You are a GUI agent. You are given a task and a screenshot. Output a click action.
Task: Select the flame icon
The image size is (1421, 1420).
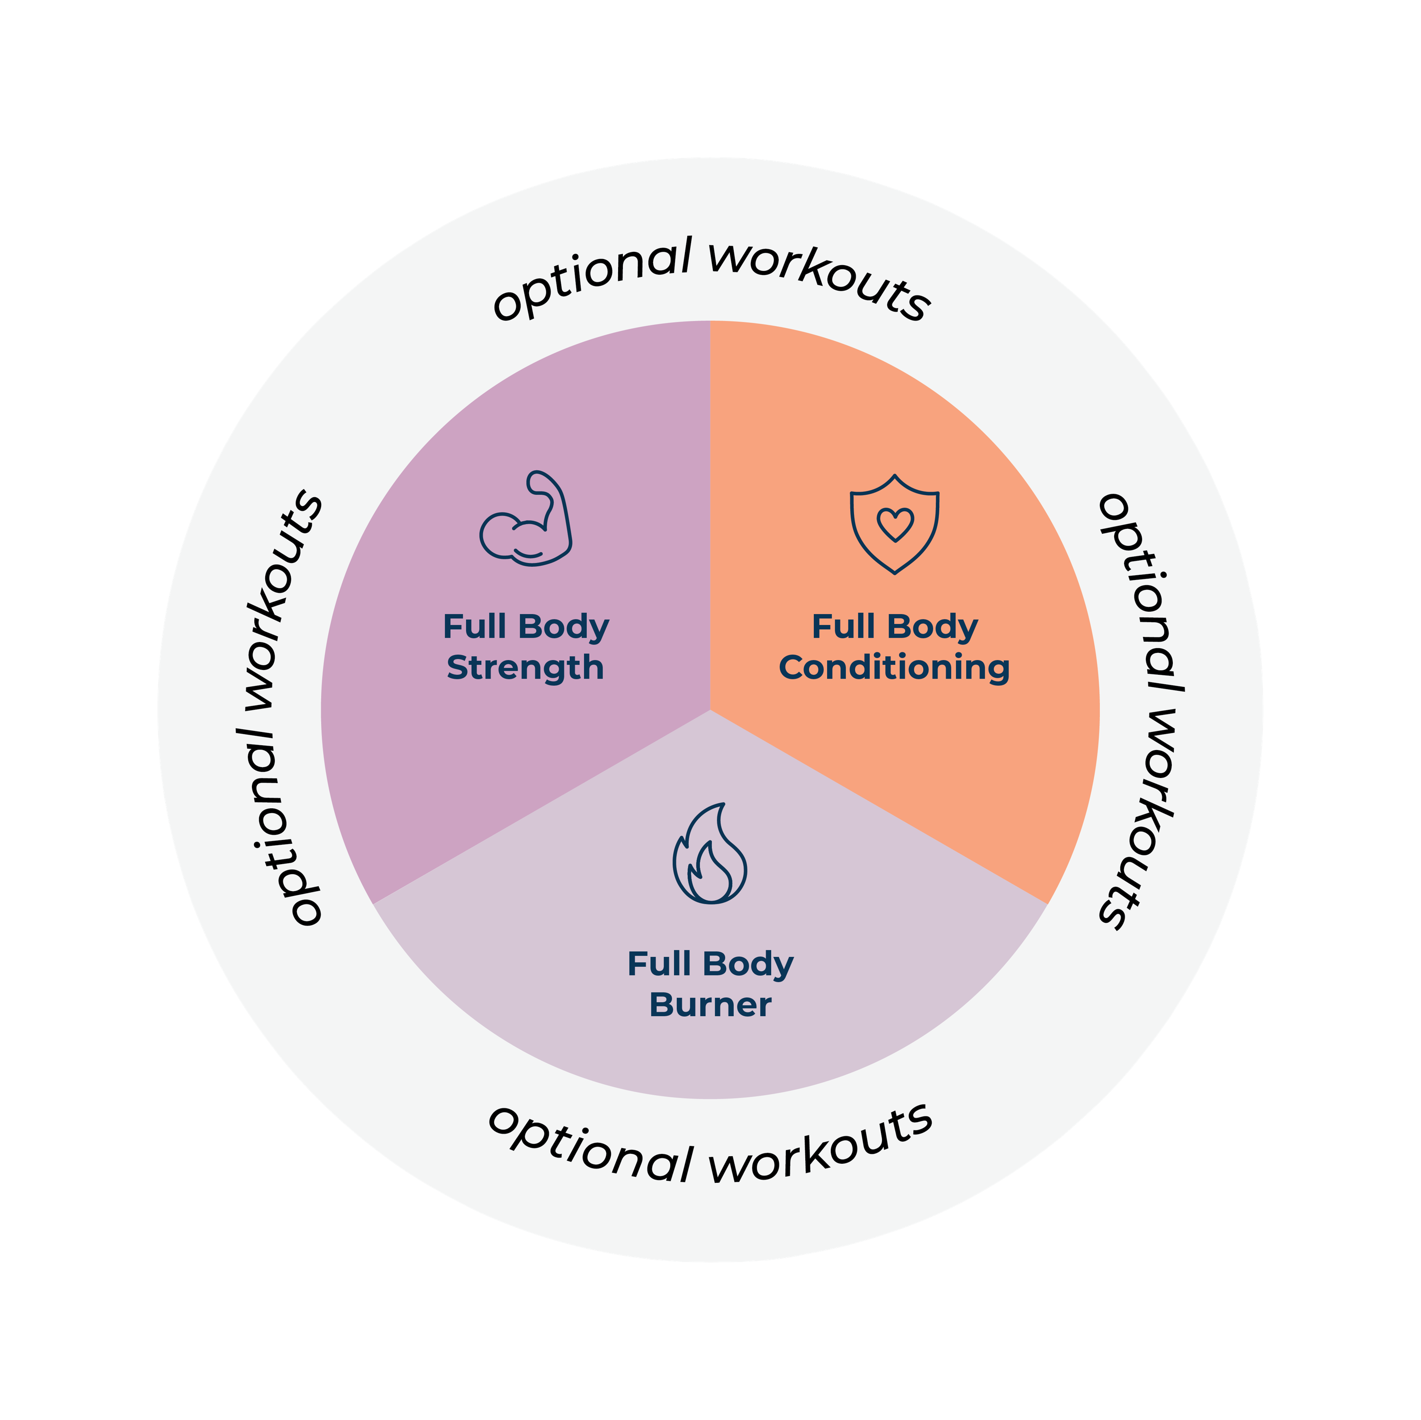[x=710, y=853]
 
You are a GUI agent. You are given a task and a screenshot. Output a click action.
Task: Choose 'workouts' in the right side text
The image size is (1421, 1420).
[x=1141, y=820]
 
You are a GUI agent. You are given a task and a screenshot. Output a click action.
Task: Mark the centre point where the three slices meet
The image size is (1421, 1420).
[x=710, y=710]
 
